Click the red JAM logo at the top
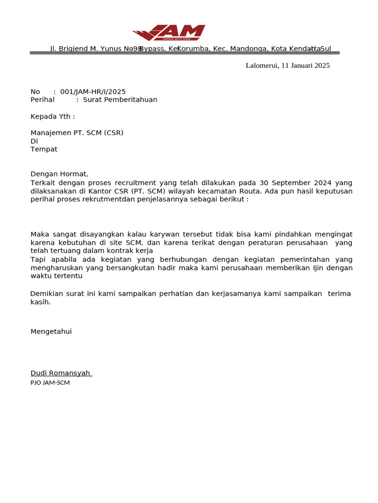tap(169, 33)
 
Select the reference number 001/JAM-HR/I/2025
tap(93, 92)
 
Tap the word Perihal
tap(42, 100)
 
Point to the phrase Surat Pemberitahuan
tap(120, 100)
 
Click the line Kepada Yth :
tap(53, 116)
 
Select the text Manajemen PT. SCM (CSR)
tap(77, 133)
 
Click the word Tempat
tap(44, 149)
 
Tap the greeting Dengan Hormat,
tap(59, 174)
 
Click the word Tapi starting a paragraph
tap(38, 259)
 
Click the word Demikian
tap(46, 294)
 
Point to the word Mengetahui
tap(51, 332)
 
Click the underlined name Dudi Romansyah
tap(61, 373)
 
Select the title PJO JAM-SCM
tap(50, 383)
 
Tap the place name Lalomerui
tap(261, 65)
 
